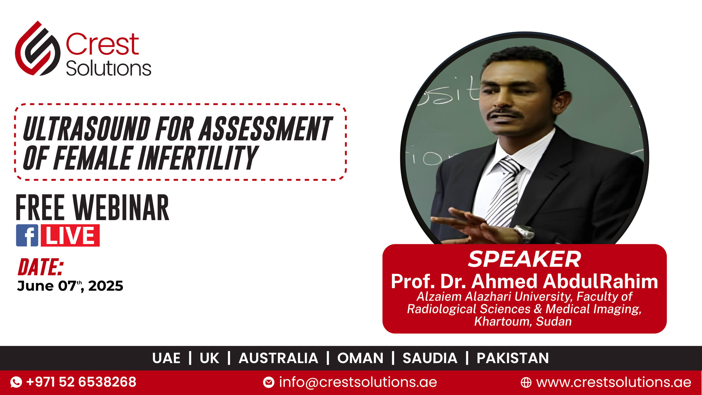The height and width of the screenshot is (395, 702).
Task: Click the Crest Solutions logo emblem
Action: pos(38,48)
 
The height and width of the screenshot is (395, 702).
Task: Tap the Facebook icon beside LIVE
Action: pos(27,236)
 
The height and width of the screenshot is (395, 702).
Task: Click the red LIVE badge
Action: pos(70,236)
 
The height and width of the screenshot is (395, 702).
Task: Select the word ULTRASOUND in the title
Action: pos(87,129)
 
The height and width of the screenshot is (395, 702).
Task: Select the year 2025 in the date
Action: pos(106,286)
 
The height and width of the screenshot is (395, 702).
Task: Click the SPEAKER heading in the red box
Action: pos(524,259)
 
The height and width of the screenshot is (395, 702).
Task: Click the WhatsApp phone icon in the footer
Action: pos(16,382)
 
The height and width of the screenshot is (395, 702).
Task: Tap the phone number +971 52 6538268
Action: pos(81,382)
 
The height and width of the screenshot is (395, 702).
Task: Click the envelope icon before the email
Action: pos(269,383)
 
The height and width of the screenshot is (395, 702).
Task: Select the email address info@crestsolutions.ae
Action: pos(358,382)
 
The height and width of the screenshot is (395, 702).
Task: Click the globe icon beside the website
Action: pos(526,383)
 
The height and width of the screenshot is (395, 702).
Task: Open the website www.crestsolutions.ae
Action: pos(614,382)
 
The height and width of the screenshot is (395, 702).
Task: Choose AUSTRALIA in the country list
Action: pos(278,358)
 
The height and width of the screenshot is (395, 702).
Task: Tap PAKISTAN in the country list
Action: pos(513,358)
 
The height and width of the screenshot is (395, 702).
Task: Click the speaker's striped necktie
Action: pos(505,194)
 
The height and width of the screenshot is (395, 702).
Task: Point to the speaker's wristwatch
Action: pos(524,233)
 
